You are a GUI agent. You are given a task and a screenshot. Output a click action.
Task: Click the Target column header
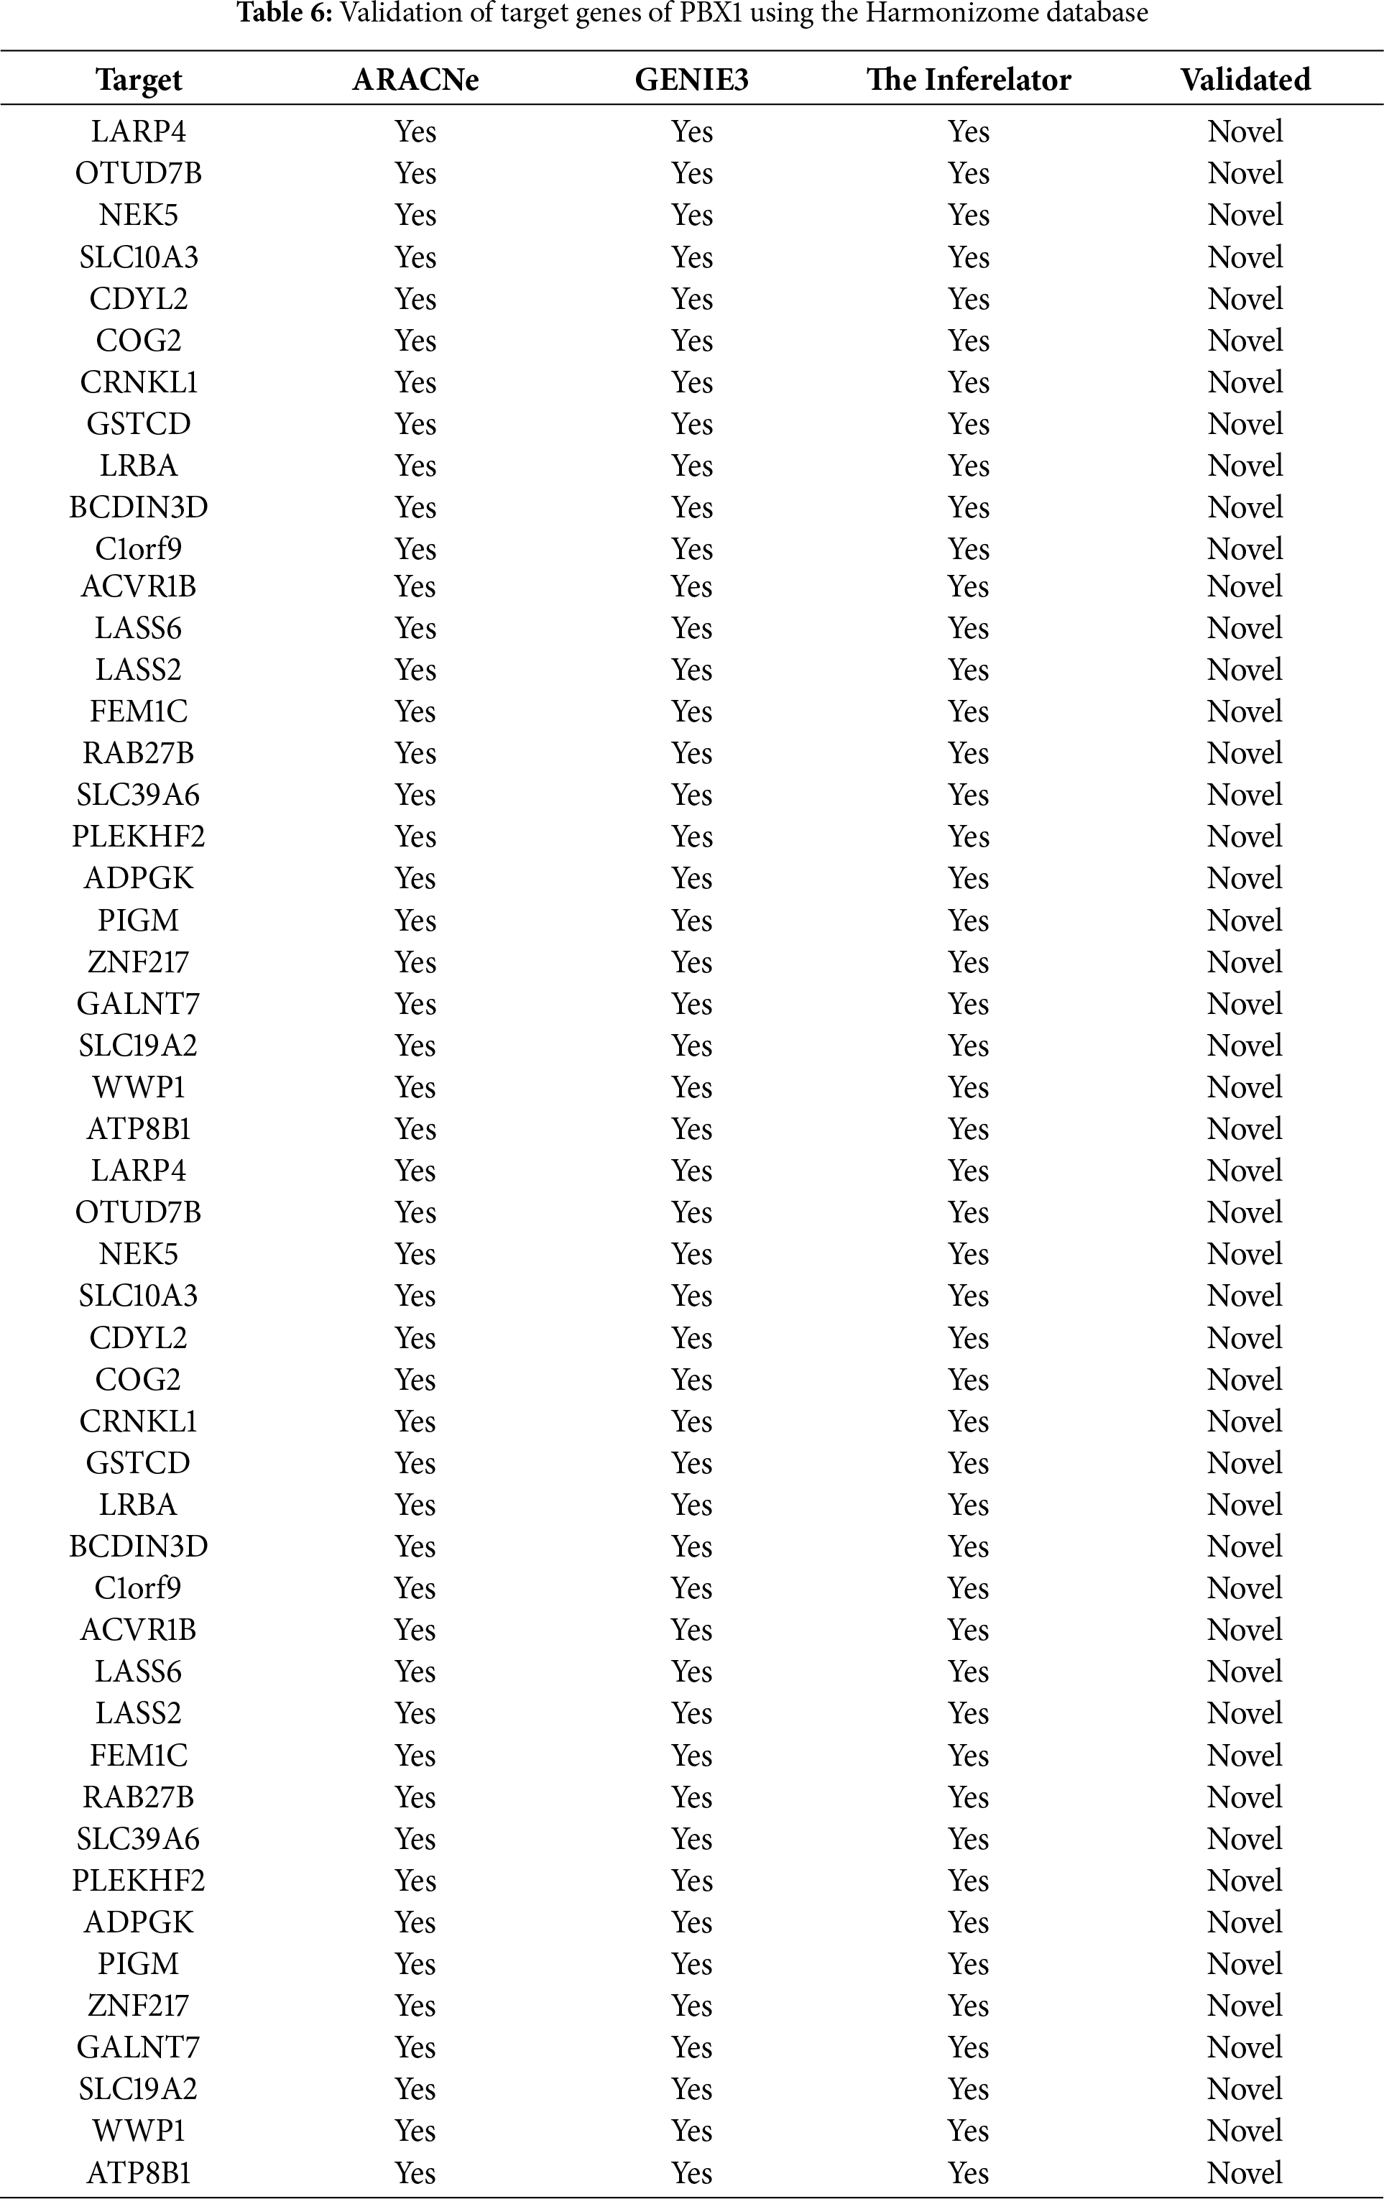139,80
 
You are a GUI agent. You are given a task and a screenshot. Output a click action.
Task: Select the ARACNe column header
415,80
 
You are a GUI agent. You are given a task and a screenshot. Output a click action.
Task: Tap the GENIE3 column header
691,80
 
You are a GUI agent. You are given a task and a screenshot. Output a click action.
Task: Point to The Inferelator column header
969,80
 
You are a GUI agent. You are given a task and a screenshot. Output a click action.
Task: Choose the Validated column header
1245,80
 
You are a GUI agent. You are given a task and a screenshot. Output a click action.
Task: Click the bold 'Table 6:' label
284,14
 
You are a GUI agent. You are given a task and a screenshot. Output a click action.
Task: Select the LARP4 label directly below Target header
139,132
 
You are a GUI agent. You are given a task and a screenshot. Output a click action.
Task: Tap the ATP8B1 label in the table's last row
139,2172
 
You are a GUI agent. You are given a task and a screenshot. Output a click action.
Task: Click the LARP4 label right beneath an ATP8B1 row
139,1171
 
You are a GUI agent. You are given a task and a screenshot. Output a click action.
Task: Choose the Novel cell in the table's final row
1245,2172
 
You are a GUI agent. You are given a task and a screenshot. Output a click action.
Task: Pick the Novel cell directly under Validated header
1245,132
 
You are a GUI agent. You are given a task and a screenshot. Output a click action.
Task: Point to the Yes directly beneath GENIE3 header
691,132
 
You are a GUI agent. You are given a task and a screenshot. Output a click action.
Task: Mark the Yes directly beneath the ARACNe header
415,132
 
